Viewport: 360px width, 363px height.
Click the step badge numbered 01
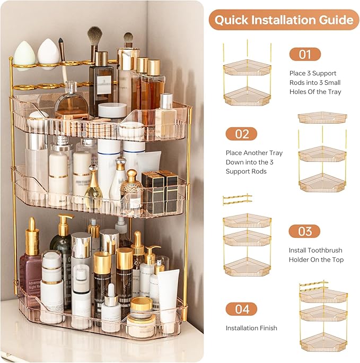pos(305,54)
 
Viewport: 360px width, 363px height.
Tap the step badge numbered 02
pos(241,134)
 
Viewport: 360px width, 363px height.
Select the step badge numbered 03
pos(305,231)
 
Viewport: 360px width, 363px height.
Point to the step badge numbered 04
pos(241,309)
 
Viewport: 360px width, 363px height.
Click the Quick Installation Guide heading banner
pos(284,20)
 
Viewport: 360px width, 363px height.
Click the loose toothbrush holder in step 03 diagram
pos(237,200)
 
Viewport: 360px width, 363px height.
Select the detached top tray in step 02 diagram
pos(322,117)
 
